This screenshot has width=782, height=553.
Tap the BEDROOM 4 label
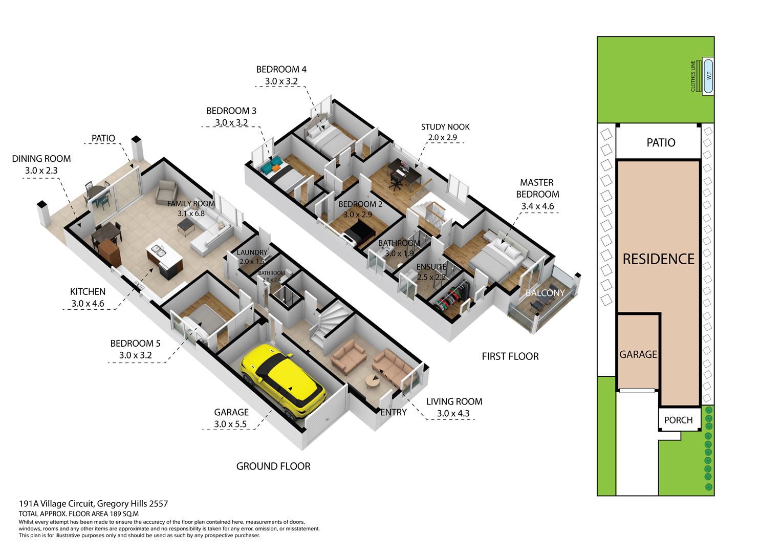coord(281,70)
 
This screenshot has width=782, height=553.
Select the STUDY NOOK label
coord(445,127)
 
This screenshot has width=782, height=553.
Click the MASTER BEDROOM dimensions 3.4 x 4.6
coord(537,206)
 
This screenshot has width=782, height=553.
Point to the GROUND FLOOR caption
coord(273,466)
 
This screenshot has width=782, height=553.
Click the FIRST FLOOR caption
coord(510,356)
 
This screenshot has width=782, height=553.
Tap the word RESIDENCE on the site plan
coord(659,259)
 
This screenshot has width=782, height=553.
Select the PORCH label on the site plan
coord(678,420)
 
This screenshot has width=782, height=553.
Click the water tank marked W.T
coord(708,76)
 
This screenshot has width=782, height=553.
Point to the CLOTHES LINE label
coord(693,76)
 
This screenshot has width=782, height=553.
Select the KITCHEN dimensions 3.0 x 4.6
coord(88,304)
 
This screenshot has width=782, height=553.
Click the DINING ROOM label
coord(41,159)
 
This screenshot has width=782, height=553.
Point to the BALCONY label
coord(545,293)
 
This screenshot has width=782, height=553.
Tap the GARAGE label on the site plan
coord(638,354)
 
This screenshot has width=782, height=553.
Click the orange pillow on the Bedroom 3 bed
coord(276,168)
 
